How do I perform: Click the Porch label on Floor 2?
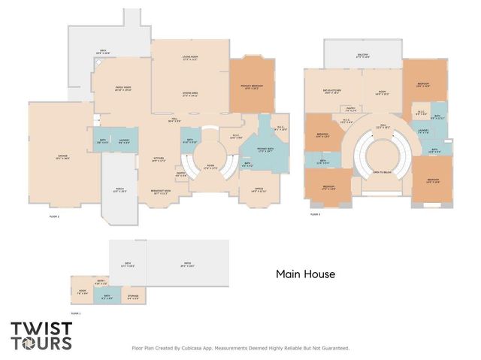pyautogui.click(x=119, y=191)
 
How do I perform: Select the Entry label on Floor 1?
pyautogui.click(x=89, y=283)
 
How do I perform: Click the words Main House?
pyautogui.click(x=304, y=275)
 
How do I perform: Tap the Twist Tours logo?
pyautogui.click(x=41, y=336)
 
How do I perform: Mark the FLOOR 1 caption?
pyautogui.click(x=75, y=313)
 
